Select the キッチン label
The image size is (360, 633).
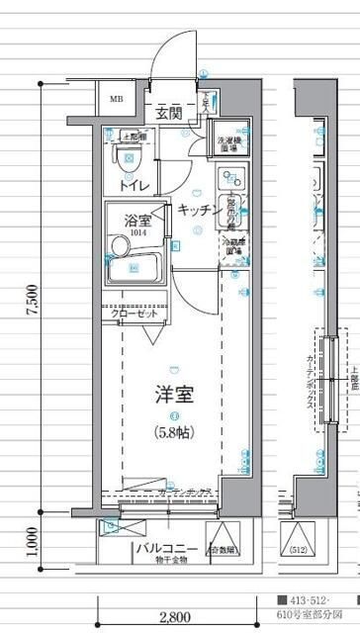[x=199, y=209]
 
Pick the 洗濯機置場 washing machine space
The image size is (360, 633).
[x=231, y=144]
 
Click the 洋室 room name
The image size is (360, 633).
[x=173, y=395]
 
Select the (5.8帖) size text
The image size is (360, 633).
[x=173, y=431]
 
